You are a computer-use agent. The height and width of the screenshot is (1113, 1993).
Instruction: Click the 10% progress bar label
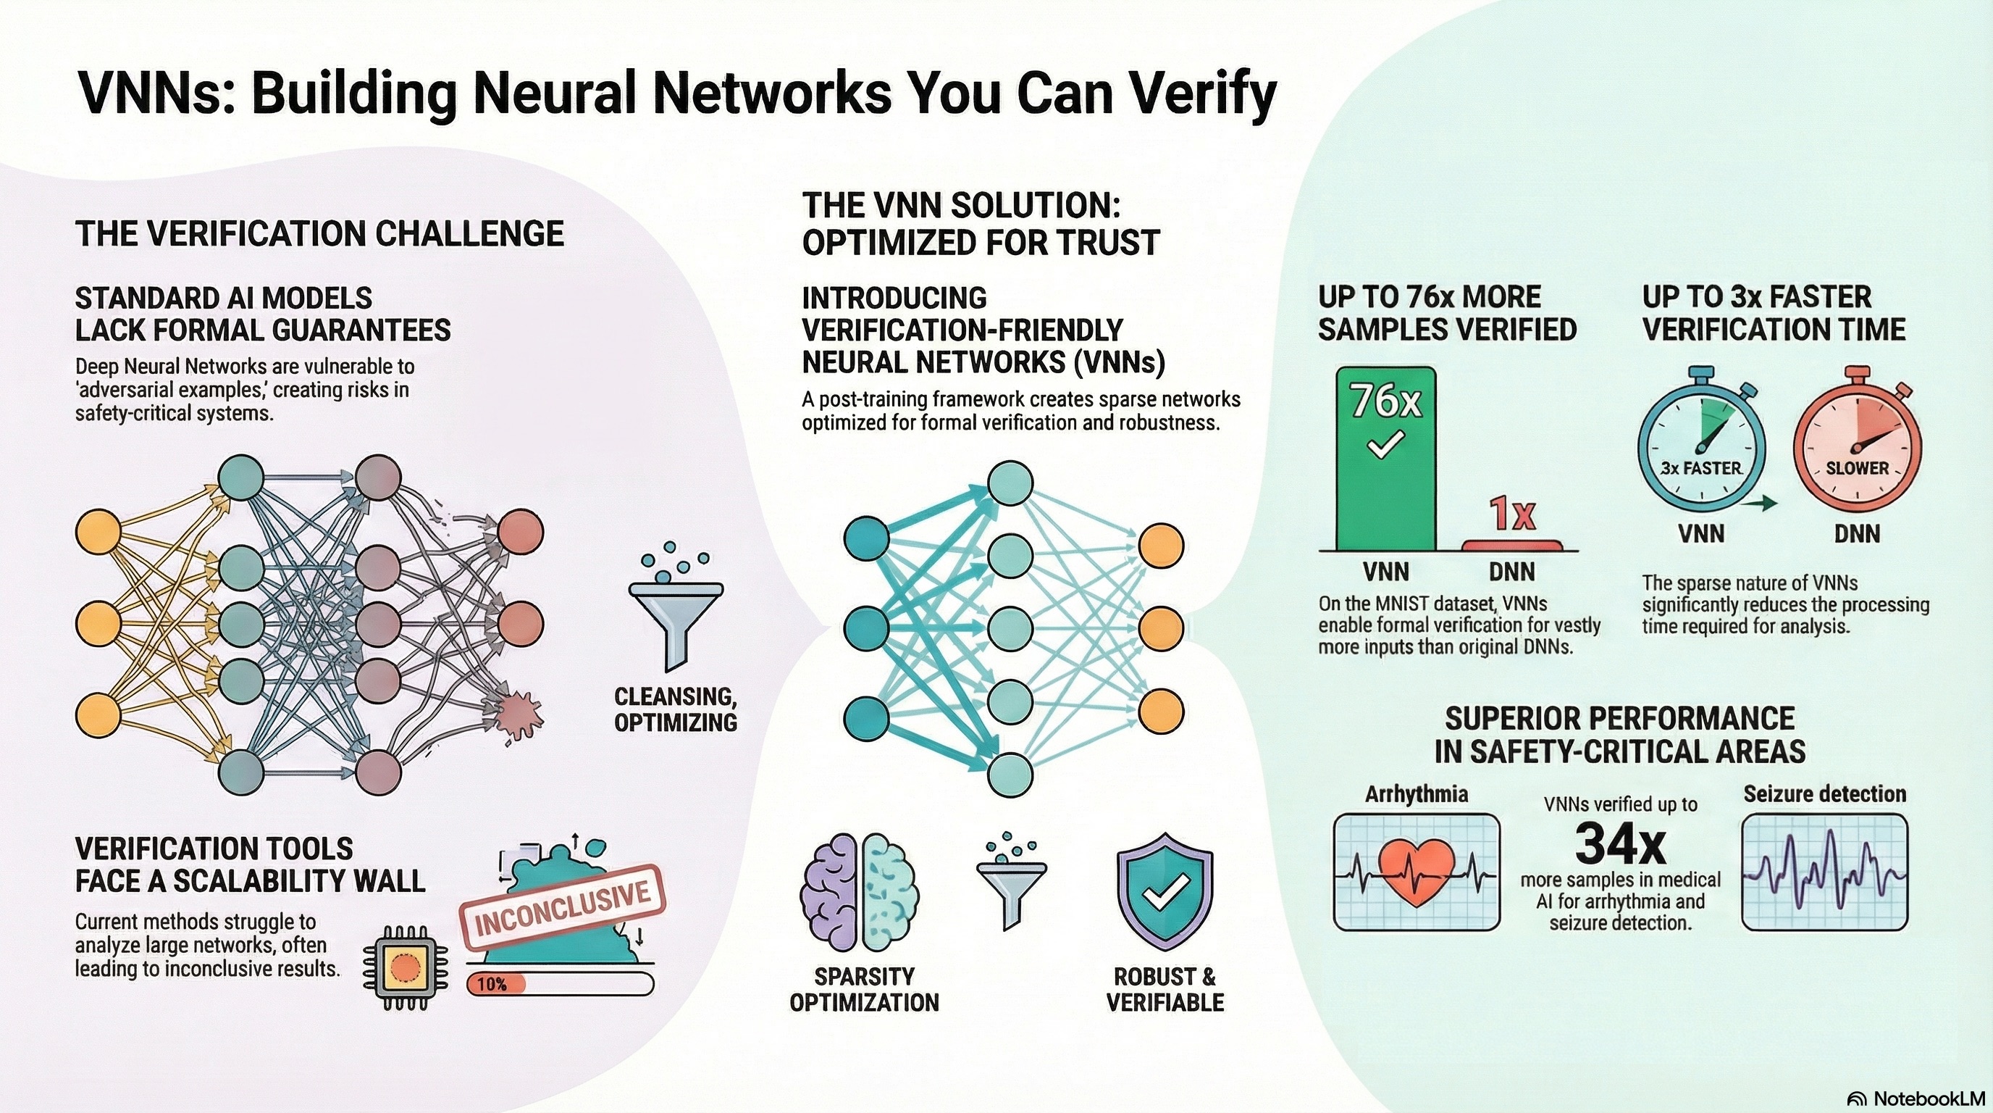click(x=492, y=985)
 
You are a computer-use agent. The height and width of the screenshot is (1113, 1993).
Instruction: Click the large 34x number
click(x=1620, y=843)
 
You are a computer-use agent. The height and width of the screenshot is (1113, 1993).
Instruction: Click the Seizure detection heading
click(x=1824, y=794)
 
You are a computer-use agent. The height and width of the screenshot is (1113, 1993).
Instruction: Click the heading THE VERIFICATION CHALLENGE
click(x=319, y=234)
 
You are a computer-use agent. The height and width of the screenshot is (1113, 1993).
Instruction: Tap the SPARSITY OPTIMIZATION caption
click(x=864, y=989)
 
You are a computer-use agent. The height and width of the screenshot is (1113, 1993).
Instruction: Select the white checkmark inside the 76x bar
click(x=1385, y=446)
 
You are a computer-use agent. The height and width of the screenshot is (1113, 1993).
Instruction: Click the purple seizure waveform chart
click(x=1824, y=872)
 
